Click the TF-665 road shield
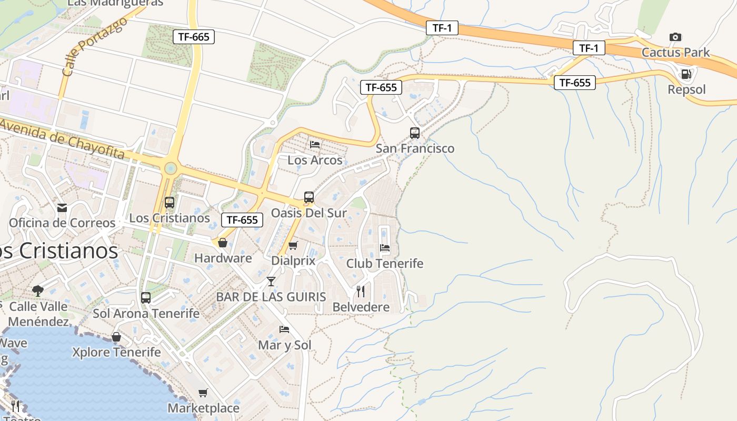[x=194, y=36]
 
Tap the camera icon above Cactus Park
[x=675, y=37]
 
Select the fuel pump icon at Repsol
[x=686, y=74]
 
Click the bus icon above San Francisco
[x=415, y=133]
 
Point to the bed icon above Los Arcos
[x=315, y=144]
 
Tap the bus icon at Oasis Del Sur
[x=308, y=197]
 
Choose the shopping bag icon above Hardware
[x=223, y=243]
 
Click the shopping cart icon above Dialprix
[x=293, y=245]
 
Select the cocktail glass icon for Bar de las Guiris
[x=271, y=282]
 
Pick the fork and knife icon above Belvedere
[x=361, y=292]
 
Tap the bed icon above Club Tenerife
[x=385, y=248]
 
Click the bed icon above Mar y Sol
[x=284, y=329]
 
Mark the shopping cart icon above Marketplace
[x=203, y=393]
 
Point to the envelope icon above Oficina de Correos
[x=62, y=207]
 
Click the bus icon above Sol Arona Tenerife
[x=146, y=298]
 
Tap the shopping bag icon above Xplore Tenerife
[x=116, y=337]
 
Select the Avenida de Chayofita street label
[x=62, y=139]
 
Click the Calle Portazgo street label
[x=94, y=46]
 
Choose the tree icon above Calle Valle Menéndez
[x=38, y=290]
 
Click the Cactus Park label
[x=675, y=53]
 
